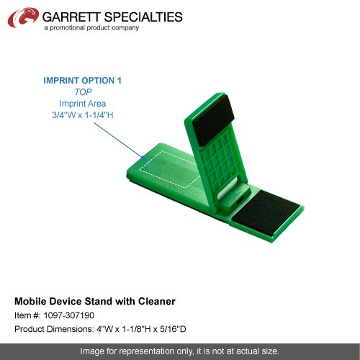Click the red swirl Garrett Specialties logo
23,17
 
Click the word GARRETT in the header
71,17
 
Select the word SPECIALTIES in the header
143,17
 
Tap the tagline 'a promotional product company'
91,28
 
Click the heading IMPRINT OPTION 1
82,81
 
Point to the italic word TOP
83,92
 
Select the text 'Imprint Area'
83,104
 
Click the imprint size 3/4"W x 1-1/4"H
83,115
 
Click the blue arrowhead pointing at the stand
145,158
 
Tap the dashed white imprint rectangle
170,169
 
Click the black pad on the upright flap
213,121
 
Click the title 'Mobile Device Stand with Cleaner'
95,302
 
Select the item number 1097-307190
69,315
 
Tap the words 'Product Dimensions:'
54,329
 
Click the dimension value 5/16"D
173,329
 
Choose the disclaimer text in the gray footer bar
179,351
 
